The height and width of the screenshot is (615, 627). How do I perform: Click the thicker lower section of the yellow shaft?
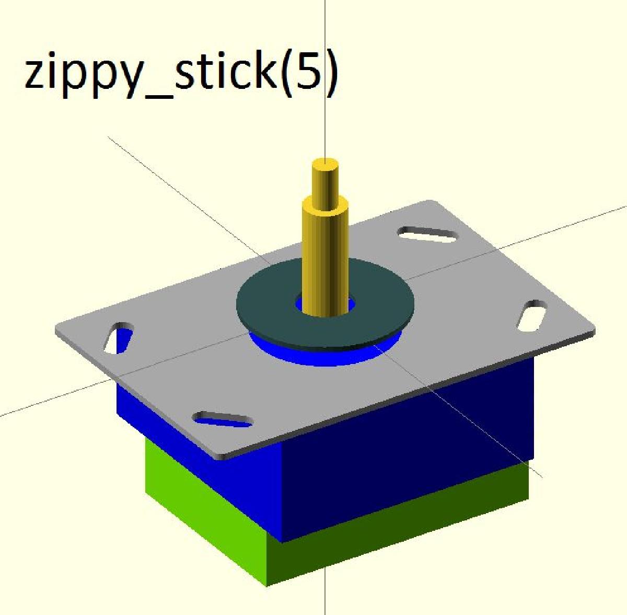[x=325, y=257]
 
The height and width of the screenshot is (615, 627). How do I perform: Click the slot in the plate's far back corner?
[x=426, y=234]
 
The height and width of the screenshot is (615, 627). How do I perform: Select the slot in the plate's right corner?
[x=532, y=316]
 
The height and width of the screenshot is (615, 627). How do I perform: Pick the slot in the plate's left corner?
[x=118, y=338]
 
